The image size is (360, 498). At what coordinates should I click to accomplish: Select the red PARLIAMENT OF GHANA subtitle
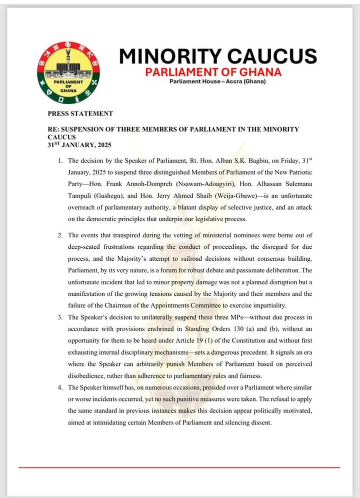coord(213,72)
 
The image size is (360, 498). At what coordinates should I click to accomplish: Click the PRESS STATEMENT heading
coord(80,114)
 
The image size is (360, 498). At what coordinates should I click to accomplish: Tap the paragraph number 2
coord(59,235)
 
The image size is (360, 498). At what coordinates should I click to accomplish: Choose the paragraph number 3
coord(59,317)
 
